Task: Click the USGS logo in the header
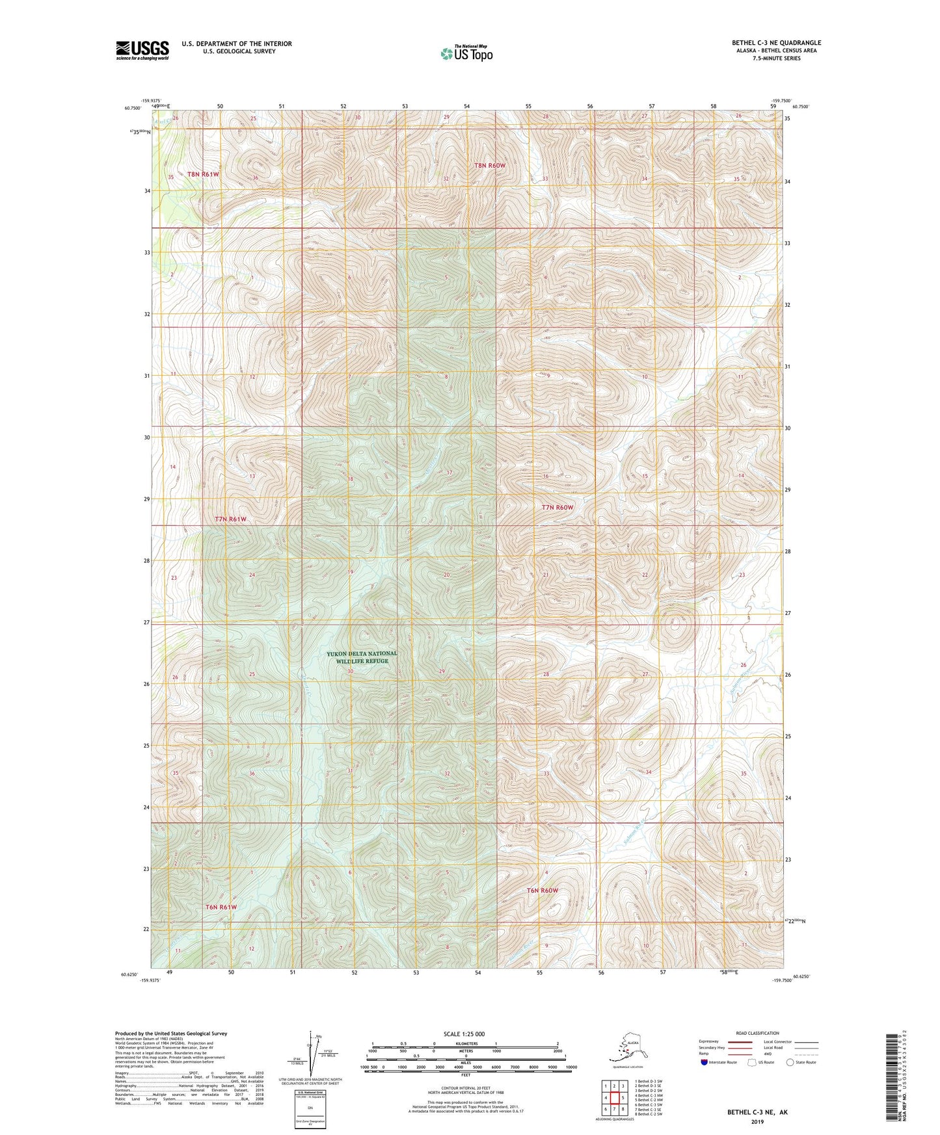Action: pos(142,50)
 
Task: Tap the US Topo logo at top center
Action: pos(466,53)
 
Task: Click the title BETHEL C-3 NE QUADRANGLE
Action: pos(776,43)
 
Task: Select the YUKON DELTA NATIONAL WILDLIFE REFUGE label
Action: pos(362,657)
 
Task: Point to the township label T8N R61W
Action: pos(204,174)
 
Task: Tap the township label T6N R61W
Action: pos(221,907)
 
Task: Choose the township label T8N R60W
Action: pos(489,166)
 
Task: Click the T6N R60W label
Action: pos(543,890)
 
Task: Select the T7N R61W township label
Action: pos(231,519)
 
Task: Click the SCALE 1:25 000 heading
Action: pos(464,1034)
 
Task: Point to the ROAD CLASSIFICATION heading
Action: pos(757,1033)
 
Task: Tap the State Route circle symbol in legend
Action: pos(790,1062)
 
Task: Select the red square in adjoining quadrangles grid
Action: pos(614,1098)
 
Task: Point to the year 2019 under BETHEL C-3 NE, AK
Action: pos(757,1121)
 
